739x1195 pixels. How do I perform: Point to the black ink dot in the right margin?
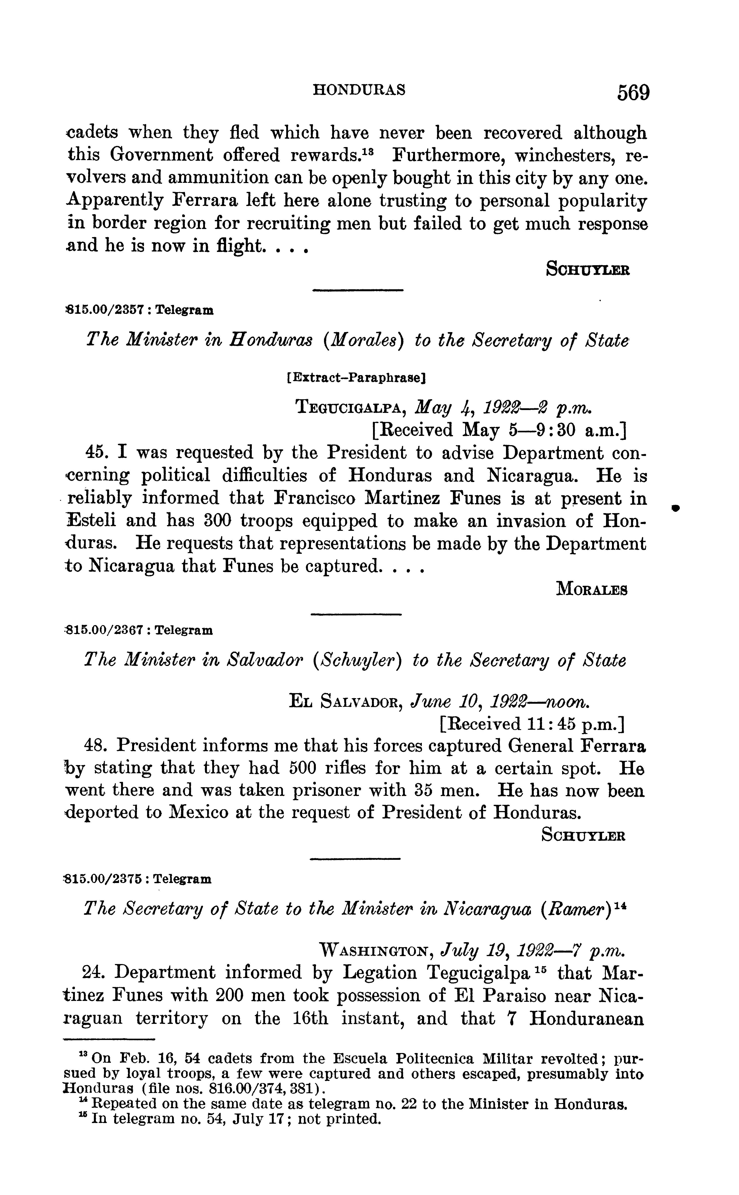pos(676,509)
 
